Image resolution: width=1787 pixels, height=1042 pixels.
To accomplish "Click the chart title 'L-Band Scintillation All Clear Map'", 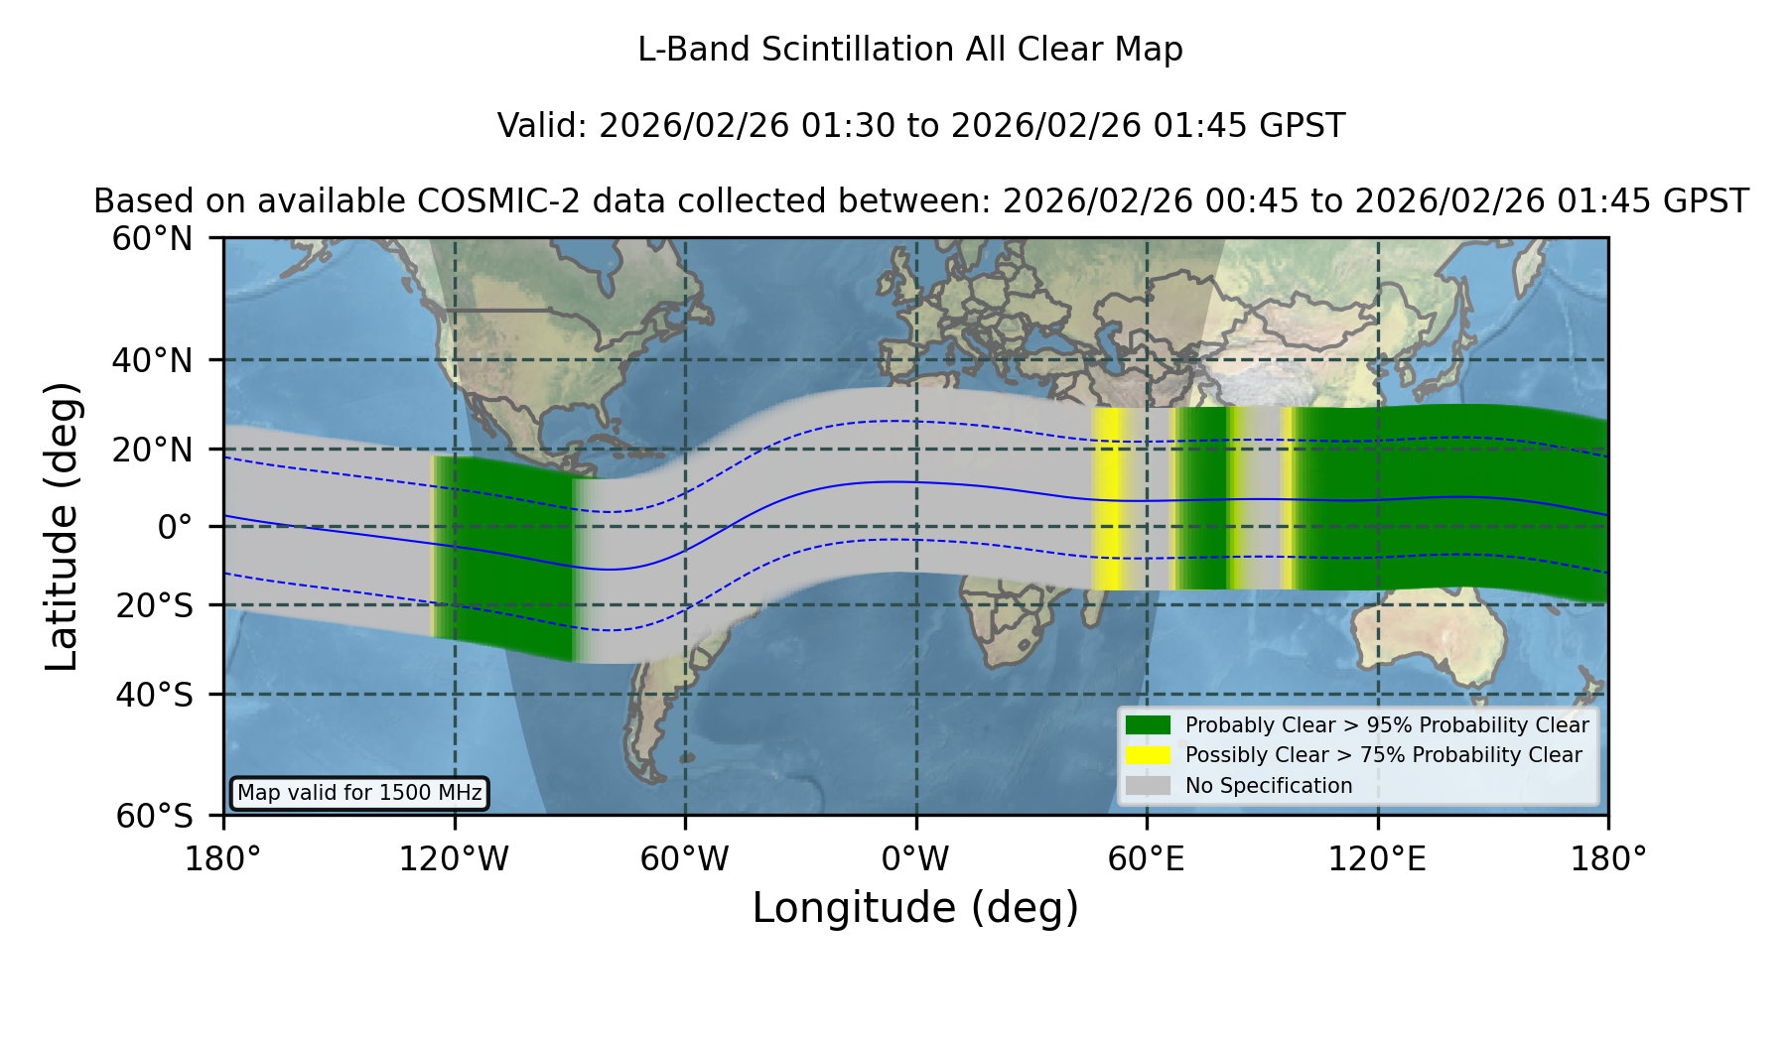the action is coord(909,50).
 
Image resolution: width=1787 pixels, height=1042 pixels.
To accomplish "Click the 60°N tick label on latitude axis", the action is coord(153,239).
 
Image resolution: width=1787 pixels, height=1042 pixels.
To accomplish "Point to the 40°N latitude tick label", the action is coord(153,360).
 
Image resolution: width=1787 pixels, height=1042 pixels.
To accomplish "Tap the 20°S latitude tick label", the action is coord(155,604).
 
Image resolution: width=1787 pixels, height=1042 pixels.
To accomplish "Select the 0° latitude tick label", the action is coord(175,526).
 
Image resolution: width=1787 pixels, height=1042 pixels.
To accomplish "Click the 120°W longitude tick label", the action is coord(454,858).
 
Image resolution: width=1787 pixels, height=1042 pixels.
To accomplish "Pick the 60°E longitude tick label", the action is coord(1147,858).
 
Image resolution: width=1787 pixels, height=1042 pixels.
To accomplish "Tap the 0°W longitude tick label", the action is coord(915,858).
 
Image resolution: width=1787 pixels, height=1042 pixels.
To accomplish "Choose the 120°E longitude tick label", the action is coord(1377,858).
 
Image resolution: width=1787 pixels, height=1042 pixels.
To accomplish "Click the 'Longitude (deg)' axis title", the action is coord(915,908).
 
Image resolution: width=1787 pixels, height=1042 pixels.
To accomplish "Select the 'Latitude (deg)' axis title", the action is coord(62,526).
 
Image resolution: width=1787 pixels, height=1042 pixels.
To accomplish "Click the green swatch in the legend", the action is coord(1149,724).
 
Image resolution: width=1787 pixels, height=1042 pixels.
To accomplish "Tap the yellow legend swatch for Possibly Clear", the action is coord(1149,754).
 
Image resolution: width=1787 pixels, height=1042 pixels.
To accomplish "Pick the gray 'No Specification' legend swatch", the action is coord(1149,785).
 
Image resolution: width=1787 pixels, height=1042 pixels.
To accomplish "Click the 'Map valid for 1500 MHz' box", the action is coord(359,793).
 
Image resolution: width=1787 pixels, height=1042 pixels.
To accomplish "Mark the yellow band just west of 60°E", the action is coord(1107,499).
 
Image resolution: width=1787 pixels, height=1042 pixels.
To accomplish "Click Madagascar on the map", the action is coord(1096,601).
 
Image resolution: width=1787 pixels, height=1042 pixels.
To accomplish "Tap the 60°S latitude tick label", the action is coord(155,816).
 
